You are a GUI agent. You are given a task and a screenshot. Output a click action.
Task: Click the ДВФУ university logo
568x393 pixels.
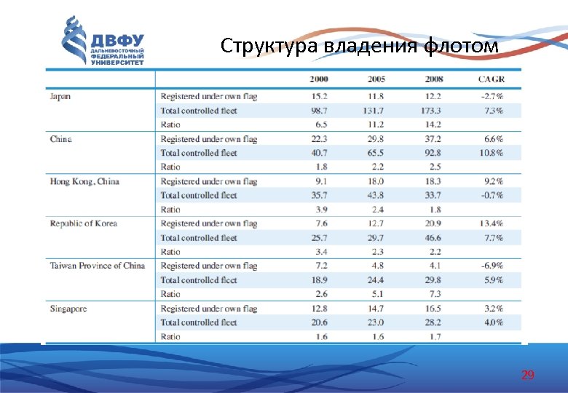pos(103,41)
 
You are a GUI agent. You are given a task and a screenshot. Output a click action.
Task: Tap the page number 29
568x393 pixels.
pos(528,376)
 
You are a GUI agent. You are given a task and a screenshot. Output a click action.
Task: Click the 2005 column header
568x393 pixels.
pos(376,79)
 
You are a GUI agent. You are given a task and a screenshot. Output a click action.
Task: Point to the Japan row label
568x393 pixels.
pos(60,96)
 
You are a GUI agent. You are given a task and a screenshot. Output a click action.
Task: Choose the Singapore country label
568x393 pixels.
pos(68,309)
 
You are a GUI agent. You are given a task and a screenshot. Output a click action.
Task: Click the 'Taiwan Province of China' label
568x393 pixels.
pos(98,266)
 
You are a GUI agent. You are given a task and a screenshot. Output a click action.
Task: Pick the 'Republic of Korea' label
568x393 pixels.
pos(84,223)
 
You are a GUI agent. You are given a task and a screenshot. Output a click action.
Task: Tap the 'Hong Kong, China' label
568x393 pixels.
pos(84,181)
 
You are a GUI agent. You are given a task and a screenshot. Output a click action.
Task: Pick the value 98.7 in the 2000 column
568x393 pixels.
pos(319,111)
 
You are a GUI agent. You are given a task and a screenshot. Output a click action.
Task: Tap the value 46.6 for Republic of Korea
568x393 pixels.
pos(432,237)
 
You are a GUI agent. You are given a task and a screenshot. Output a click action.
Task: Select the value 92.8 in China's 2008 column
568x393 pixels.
pos(432,153)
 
